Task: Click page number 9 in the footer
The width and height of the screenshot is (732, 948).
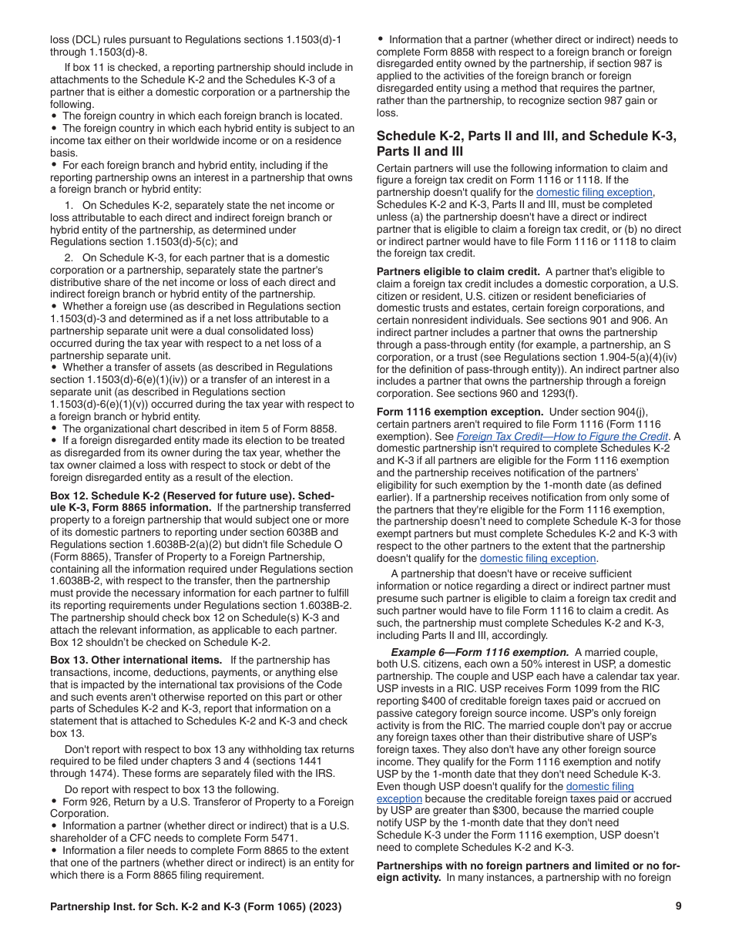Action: (678, 906)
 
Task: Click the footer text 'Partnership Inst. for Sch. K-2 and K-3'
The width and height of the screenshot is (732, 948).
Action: (154, 906)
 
